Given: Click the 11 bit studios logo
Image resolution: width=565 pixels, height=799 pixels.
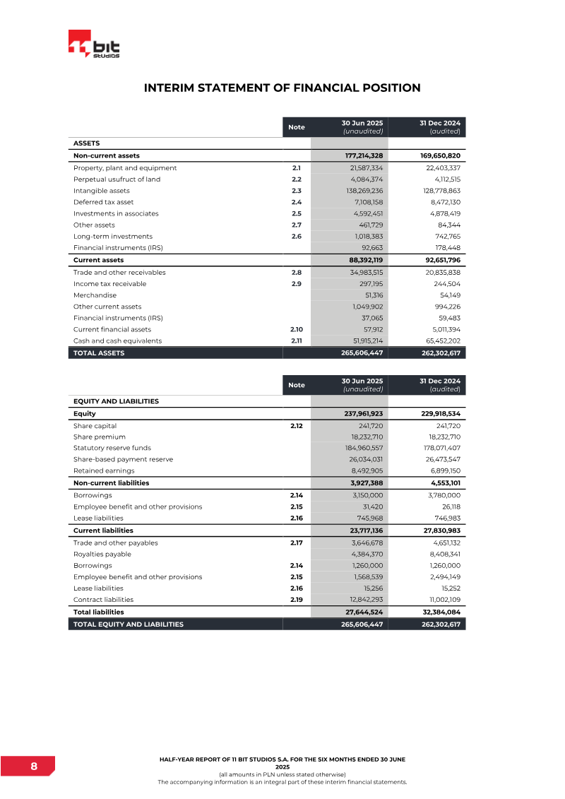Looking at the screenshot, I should point(94,45).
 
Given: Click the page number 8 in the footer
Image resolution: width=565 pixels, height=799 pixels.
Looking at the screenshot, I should point(33,767).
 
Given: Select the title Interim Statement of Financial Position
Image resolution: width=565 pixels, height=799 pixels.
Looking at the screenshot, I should point(282,88).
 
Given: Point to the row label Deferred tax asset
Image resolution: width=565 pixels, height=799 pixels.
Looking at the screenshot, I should point(103,202).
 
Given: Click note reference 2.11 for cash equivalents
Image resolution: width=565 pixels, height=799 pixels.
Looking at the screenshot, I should point(296,341).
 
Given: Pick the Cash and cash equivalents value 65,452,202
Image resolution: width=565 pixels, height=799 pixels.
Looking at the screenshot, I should point(439,341).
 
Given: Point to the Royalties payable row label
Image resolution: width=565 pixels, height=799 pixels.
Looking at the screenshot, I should point(102,555).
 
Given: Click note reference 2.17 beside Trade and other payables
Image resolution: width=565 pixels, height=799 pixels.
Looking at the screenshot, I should point(296,543).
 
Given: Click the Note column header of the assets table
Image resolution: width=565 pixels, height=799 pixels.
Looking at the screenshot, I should point(297,127).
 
